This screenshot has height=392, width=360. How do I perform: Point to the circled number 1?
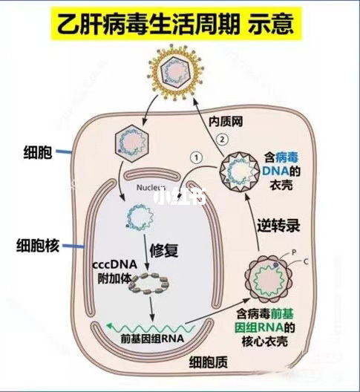[x=195, y=157]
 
